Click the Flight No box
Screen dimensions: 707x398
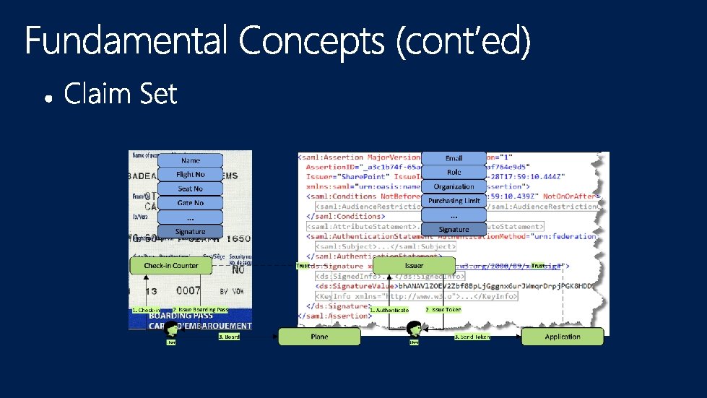pos(191,175)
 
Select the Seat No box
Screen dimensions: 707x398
pos(191,189)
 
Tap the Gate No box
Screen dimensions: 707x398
pos(191,203)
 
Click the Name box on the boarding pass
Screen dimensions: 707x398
pos(191,160)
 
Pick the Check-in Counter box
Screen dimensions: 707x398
pos(171,266)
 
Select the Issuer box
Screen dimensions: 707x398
pos(414,266)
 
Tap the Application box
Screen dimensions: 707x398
pos(562,336)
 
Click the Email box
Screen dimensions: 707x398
pos(454,158)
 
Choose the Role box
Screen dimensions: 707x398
pos(454,173)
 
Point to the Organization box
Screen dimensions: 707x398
pos(454,186)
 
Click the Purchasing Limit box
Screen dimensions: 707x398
pos(454,201)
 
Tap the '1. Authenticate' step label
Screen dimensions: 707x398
pos(389,310)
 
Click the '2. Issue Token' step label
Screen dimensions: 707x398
pos(443,309)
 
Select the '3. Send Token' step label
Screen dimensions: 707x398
pos(472,337)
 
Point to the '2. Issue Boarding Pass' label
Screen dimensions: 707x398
pos(200,309)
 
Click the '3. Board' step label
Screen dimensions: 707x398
pos(229,337)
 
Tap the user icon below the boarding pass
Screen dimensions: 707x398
pos(172,331)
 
